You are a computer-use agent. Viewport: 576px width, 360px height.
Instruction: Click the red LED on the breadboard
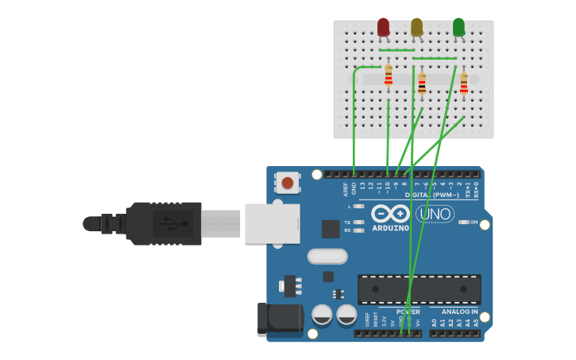(x=384, y=28)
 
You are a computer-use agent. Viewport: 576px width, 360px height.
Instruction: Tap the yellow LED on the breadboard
(x=417, y=28)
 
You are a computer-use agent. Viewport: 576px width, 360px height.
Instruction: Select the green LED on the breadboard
(x=458, y=28)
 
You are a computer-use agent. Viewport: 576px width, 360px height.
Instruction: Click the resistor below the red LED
(x=388, y=76)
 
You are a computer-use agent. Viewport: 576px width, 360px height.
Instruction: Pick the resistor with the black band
(x=422, y=83)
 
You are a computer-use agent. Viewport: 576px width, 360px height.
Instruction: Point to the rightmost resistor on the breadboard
(x=464, y=83)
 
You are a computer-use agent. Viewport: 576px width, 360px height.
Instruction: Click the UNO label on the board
(x=435, y=214)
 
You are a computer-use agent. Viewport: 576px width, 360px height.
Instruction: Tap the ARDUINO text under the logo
(x=390, y=228)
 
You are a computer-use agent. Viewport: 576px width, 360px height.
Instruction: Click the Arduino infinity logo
(x=390, y=214)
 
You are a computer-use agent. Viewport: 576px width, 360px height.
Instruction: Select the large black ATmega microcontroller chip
(x=419, y=289)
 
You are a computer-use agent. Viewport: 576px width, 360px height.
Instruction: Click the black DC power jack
(x=279, y=320)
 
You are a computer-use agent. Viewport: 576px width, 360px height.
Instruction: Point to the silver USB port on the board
(x=272, y=223)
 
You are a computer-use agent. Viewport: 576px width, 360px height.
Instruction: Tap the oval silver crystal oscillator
(x=327, y=256)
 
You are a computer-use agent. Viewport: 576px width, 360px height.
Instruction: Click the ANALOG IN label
(x=460, y=312)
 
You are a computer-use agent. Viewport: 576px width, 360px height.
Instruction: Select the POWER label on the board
(x=408, y=312)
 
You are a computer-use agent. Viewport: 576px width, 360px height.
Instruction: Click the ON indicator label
(x=474, y=223)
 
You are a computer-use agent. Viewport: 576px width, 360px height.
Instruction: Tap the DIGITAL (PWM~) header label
(x=433, y=195)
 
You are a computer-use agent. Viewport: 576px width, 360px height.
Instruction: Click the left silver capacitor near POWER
(x=322, y=314)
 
